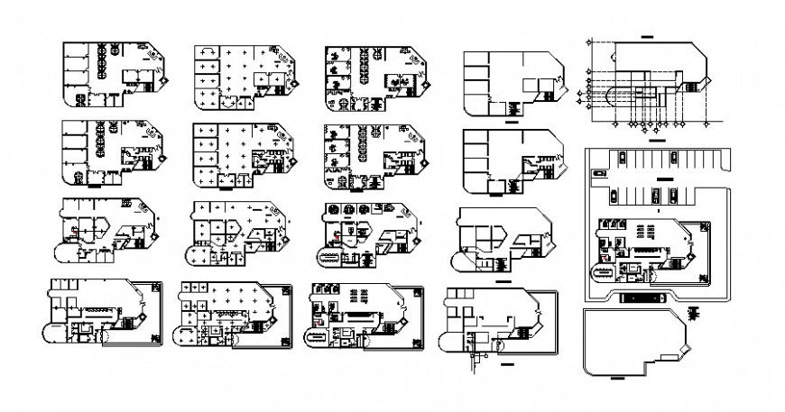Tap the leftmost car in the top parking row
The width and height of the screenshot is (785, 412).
pyautogui.click(x=623, y=157)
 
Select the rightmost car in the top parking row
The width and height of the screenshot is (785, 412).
pyautogui.click(x=672, y=157)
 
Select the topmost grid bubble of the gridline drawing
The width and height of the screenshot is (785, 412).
pyautogui.click(x=590, y=40)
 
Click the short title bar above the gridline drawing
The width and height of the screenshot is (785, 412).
pyautogui.click(x=645, y=35)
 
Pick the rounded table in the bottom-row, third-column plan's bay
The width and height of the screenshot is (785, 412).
pyautogui.click(x=319, y=337)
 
